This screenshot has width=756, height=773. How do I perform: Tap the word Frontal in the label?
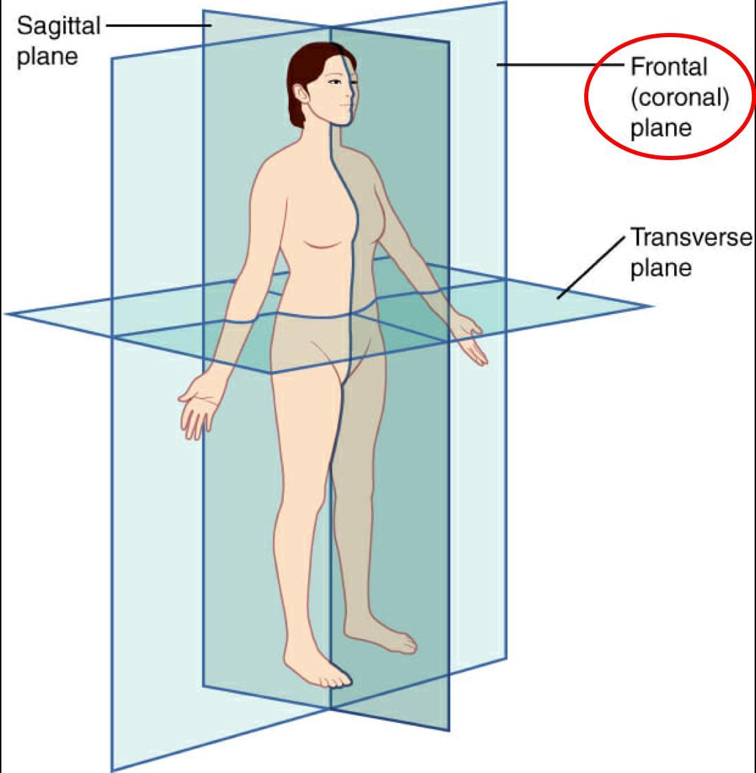pyautogui.click(x=669, y=67)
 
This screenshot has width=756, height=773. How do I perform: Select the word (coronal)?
pyautogui.click(x=679, y=98)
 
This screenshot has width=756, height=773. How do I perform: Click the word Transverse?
pyautogui.click(x=691, y=238)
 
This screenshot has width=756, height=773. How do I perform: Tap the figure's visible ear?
pyautogui.click(x=300, y=92)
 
